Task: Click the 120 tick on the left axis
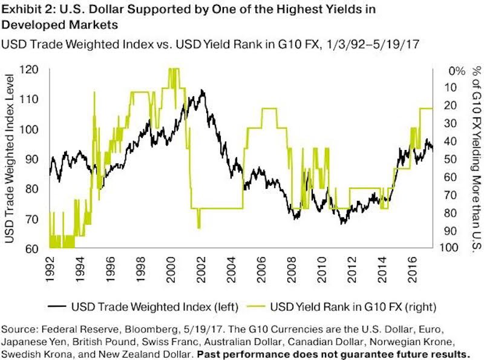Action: (x=32, y=70)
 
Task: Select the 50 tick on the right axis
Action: (x=447, y=159)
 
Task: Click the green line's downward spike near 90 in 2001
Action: (x=199, y=227)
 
